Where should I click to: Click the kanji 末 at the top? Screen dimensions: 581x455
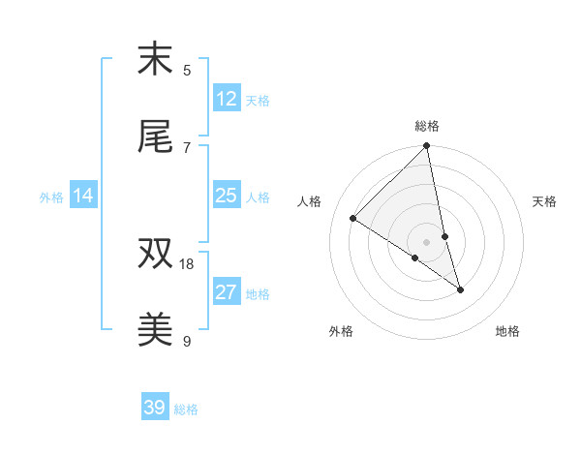point(155,60)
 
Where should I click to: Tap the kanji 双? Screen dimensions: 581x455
point(155,255)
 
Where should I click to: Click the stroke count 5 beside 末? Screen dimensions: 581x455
point(187,70)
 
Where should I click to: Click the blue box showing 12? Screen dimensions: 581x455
point(227,99)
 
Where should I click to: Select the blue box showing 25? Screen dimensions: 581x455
point(227,196)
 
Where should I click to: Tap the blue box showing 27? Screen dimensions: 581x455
point(227,292)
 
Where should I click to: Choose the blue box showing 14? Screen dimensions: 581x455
point(84,196)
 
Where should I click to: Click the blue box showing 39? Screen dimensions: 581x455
point(155,408)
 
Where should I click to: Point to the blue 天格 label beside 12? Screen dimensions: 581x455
point(258,100)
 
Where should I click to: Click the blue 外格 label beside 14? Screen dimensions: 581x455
point(51,197)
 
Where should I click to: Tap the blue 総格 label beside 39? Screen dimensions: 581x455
point(186,409)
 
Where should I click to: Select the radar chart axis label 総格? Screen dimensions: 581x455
point(427,126)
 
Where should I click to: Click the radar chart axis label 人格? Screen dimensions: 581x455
point(309,201)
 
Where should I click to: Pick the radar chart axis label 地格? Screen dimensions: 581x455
point(507,331)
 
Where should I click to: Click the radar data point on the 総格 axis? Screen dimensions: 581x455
point(427,146)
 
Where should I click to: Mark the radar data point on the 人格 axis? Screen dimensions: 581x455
point(353,218)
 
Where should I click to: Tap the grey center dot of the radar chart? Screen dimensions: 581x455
point(427,241)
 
